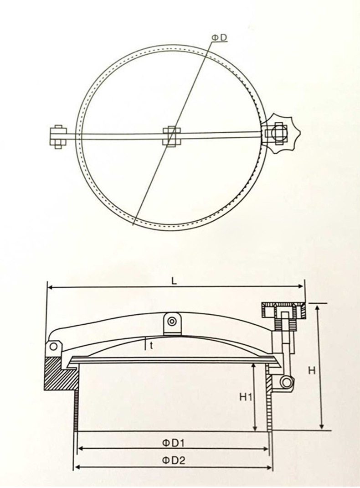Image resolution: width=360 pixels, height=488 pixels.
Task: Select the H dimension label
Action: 312,370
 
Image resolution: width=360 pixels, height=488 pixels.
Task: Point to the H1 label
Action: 246,397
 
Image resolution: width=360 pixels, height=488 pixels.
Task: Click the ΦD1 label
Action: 173,442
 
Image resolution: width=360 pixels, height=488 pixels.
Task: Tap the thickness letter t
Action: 151,346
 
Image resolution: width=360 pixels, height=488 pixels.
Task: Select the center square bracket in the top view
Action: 171,136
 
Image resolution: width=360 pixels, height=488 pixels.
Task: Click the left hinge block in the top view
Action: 58,136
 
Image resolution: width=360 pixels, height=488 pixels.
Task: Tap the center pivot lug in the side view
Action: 172,322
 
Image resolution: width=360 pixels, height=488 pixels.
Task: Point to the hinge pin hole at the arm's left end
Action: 54,347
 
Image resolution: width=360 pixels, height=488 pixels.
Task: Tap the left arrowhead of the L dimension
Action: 50,287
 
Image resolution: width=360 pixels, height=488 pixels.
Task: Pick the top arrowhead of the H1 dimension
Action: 255,365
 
